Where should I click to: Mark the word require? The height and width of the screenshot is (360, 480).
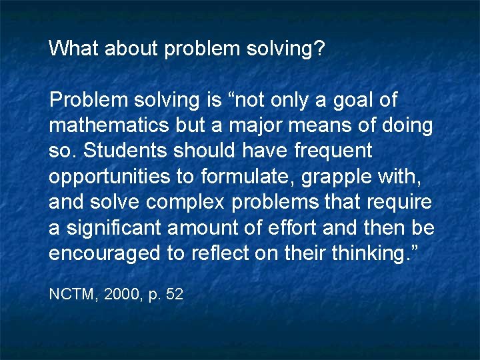coord(399,202)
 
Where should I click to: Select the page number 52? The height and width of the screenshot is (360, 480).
coord(175,294)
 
